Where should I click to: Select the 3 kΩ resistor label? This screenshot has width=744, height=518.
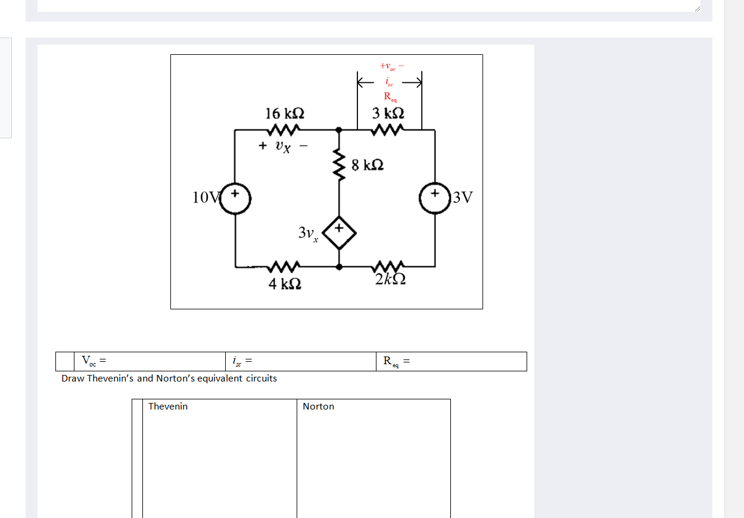(x=388, y=113)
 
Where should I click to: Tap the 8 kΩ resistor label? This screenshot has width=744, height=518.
(x=367, y=165)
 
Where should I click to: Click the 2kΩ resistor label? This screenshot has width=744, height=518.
(x=391, y=279)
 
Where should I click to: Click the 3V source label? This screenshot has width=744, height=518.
(x=462, y=197)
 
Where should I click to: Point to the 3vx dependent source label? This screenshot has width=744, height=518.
(x=308, y=232)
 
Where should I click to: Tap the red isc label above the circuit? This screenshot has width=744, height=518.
(x=388, y=82)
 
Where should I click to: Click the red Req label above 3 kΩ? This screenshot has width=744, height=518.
(x=390, y=96)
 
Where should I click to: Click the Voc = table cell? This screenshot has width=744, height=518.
(x=149, y=361)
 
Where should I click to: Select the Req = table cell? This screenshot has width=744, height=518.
(x=450, y=361)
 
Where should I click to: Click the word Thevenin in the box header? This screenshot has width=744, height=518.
(x=168, y=407)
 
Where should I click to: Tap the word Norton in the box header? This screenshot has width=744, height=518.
(x=318, y=407)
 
